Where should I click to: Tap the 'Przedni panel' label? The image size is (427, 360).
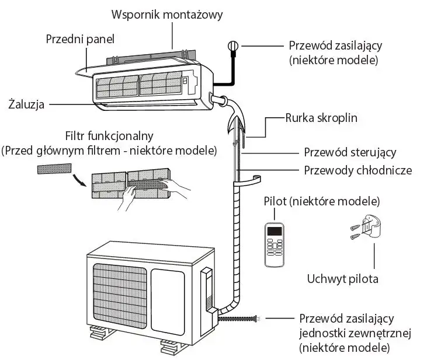pyautogui.click(x=79, y=39)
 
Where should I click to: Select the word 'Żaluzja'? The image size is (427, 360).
pyautogui.click(x=27, y=104)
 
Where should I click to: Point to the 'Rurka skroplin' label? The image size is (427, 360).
pyautogui.click(x=321, y=118)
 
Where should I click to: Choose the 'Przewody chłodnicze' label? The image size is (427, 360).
pyautogui.click(x=358, y=170)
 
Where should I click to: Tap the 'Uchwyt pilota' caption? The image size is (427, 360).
pyautogui.click(x=342, y=278)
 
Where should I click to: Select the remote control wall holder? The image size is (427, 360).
pyautogui.click(x=372, y=226)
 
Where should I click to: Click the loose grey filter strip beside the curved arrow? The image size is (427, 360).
pyautogui.click(x=54, y=169)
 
